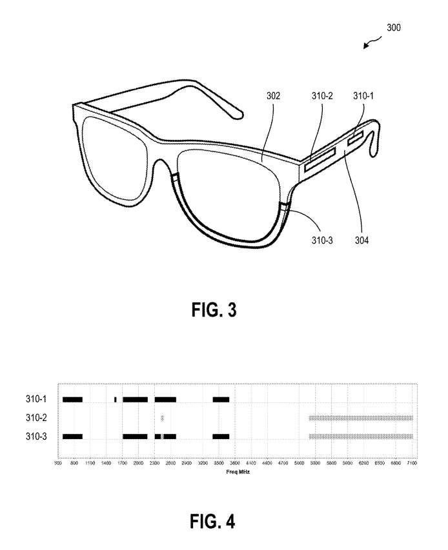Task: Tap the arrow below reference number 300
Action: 371,44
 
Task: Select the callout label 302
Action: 273,96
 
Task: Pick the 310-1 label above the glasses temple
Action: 363,96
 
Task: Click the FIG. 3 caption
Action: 214,310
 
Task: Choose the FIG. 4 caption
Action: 214,521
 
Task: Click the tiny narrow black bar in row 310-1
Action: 115,400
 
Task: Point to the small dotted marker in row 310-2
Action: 163,418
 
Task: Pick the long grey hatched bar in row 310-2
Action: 360,418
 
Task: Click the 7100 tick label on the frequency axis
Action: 412,463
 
